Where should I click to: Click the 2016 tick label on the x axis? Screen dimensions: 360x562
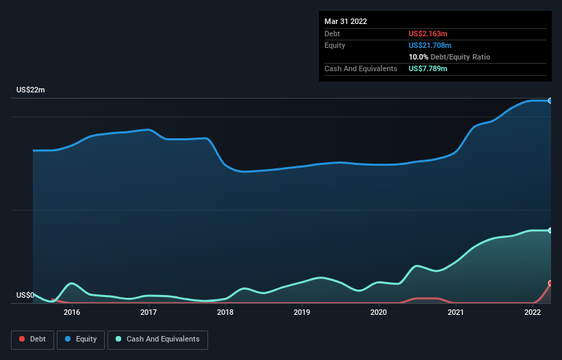click(72, 312)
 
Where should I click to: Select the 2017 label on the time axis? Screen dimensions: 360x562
click(149, 312)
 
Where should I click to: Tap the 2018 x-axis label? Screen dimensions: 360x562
click(225, 312)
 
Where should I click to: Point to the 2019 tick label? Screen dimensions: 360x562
click(302, 312)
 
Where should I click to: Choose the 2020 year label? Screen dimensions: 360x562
click(379, 312)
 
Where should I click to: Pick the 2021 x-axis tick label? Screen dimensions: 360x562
click(456, 312)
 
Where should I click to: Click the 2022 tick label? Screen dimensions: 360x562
click(533, 312)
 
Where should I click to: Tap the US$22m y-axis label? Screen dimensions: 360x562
click(30, 90)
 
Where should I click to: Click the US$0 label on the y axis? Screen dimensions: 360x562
click(25, 296)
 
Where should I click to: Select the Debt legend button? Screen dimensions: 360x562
click(33, 339)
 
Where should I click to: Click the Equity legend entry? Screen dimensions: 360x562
click(81, 339)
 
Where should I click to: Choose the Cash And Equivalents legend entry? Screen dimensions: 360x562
click(157, 339)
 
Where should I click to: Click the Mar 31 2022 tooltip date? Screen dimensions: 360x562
click(346, 21)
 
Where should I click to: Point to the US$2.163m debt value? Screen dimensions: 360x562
click(428, 34)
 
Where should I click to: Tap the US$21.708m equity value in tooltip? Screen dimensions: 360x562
click(431, 45)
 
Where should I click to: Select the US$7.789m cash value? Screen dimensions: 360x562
click(428, 68)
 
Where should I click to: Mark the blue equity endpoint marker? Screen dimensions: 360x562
click(550, 101)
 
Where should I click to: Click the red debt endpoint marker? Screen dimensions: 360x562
click(550, 283)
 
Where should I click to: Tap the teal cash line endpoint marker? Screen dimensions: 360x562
click(550, 231)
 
